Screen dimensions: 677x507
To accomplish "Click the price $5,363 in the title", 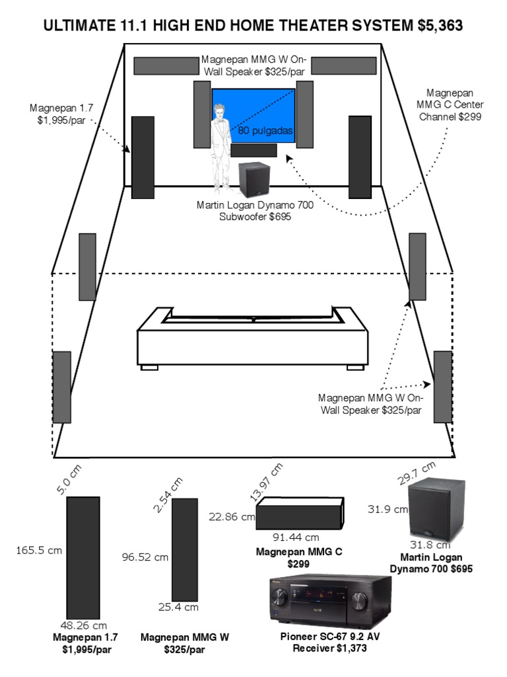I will pos(440,26).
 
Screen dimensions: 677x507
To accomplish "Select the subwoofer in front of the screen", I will pos(253,179).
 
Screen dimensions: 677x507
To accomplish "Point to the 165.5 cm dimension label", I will pos(39,549).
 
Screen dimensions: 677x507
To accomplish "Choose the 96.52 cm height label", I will pos(145,557).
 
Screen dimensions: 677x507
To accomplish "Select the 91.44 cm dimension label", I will pos(296,537).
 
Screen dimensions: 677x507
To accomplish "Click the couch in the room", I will pos(253,337).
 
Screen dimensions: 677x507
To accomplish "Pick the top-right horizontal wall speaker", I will pos(344,65).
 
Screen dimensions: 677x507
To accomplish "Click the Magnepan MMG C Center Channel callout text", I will pos(450,104).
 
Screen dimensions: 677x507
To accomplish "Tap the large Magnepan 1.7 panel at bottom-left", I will pos(83,557).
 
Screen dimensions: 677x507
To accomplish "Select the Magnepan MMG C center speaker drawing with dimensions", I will pos(300,514).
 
